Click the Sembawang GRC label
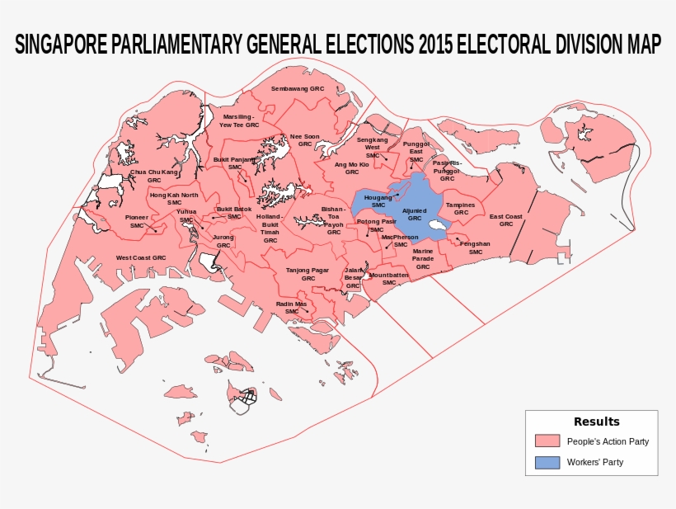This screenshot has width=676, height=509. click(x=298, y=87)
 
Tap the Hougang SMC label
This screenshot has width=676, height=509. click(x=378, y=201)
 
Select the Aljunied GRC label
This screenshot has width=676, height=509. click(x=415, y=214)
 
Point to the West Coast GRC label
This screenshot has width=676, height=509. click(x=140, y=258)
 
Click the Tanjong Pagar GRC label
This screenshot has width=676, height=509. click(x=307, y=274)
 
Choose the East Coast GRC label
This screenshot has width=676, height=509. click(x=506, y=220)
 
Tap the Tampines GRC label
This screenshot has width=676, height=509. click(x=460, y=209)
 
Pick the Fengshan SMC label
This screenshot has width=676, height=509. click(x=475, y=247)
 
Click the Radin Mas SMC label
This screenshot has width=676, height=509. click(x=291, y=308)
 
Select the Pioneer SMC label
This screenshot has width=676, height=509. click(x=137, y=221)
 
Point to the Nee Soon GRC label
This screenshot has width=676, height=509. click(x=305, y=139)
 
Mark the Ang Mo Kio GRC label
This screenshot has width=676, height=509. click(x=352, y=168)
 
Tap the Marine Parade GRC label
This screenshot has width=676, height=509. click(x=423, y=258)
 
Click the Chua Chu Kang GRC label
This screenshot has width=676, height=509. click(x=154, y=176)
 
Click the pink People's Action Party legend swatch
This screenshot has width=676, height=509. click(x=547, y=441)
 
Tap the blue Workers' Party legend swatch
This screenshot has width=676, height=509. click(x=547, y=463)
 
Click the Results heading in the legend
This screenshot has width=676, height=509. click(x=596, y=422)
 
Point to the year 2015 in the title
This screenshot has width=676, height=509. click(x=435, y=45)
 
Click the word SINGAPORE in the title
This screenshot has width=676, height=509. click(x=60, y=45)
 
